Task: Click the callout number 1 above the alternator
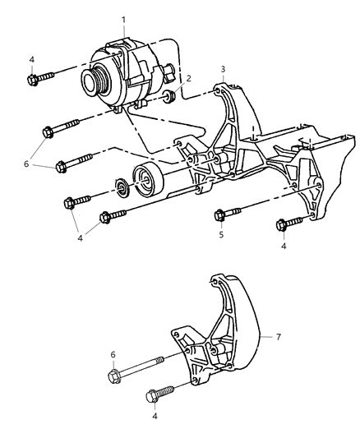tap(122, 17)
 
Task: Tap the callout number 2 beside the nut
tap(188, 80)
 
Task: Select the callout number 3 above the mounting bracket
tap(223, 68)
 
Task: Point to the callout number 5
tap(220, 233)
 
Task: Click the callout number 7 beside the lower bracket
tap(278, 337)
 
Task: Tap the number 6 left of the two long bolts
tap(26, 164)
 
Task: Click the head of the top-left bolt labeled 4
tap(33, 79)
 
